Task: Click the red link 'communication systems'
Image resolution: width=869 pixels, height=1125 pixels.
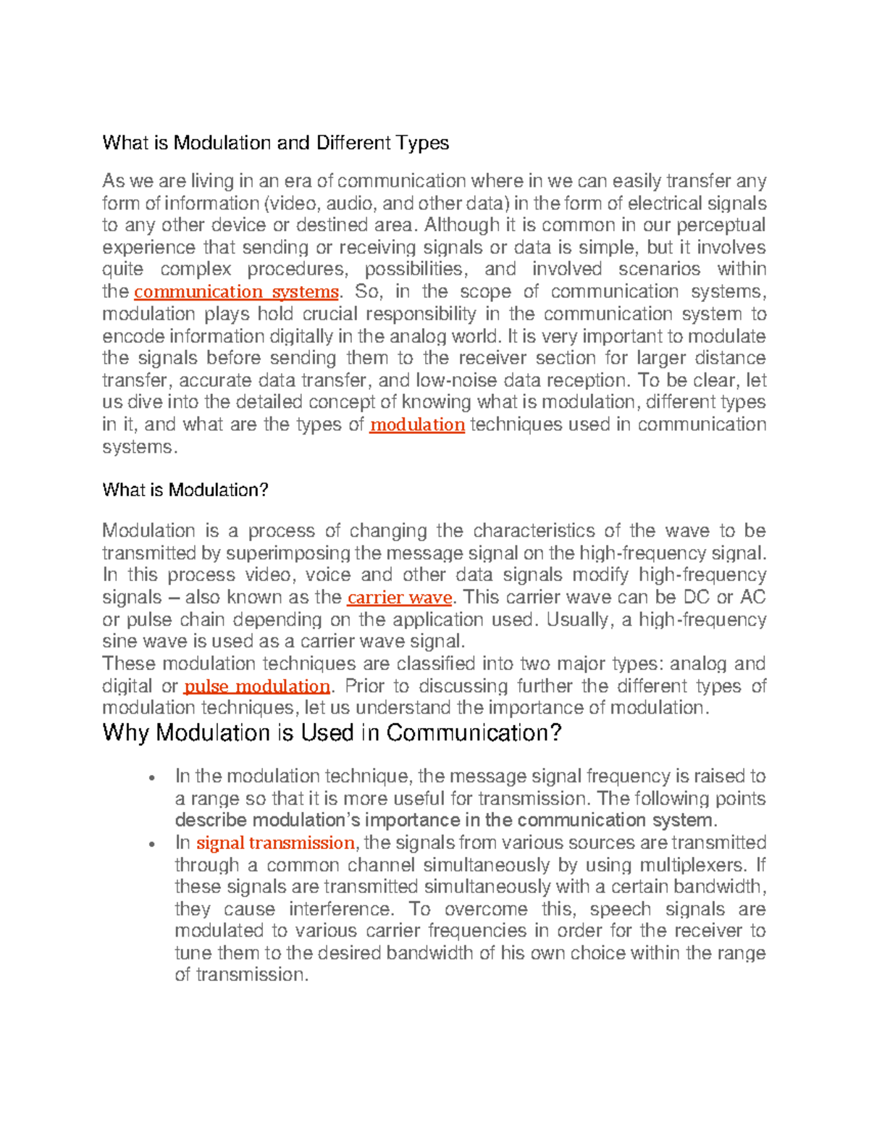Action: pos(236,292)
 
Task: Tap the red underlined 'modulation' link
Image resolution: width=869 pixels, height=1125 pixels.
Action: pos(416,425)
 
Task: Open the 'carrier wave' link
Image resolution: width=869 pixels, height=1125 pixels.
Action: pos(400,598)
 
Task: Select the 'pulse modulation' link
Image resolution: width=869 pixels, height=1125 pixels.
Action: pos(257,687)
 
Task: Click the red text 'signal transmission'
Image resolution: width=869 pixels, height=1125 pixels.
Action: pos(275,843)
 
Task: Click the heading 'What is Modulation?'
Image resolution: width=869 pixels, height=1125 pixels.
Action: pos(185,490)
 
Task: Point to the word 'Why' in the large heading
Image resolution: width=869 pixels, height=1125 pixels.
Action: pos(126,733)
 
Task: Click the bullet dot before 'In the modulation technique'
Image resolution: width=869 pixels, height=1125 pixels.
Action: pos(151,778)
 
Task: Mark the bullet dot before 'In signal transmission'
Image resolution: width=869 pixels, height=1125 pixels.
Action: pos(151,845)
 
